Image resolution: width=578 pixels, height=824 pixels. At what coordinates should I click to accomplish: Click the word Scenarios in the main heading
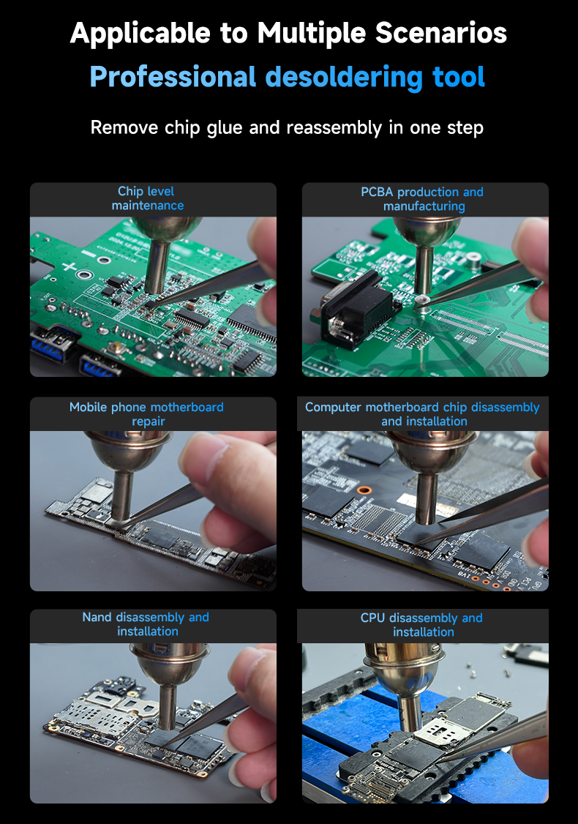441,33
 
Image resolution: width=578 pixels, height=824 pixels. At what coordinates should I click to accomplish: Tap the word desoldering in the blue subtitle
344,78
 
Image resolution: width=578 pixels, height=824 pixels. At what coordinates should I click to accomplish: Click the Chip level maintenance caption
146,198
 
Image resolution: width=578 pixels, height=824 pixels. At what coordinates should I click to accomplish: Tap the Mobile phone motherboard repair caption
146,414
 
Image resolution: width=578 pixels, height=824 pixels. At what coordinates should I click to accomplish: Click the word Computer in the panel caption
333,408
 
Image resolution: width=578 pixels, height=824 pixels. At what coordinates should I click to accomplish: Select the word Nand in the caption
97,617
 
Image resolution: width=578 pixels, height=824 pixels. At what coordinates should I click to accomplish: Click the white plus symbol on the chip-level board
70,267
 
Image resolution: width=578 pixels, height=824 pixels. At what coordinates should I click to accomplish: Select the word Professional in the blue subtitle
173,78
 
